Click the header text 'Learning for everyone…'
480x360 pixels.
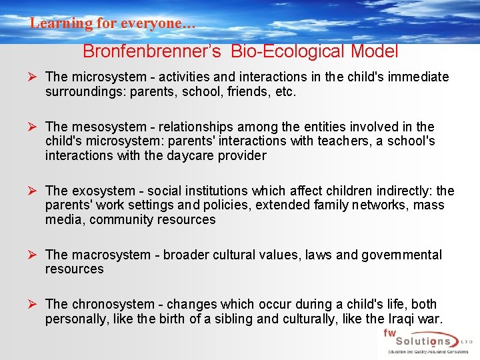tap(113, 23)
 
